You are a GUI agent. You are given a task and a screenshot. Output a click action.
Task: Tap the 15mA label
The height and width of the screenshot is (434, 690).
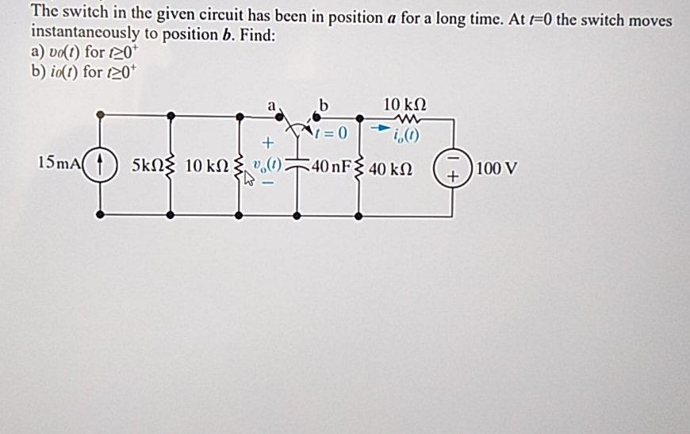pyautogui.click(x=59, y=163)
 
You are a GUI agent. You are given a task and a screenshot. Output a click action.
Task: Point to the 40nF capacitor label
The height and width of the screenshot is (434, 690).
pyautogui.click(x=332, y=168)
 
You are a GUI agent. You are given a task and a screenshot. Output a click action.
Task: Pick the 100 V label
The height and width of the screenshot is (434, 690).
pyautogui.click(x=498, y=169)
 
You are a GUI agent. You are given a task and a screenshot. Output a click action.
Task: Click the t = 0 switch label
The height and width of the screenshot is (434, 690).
pyautogui.click(x=332, y=133)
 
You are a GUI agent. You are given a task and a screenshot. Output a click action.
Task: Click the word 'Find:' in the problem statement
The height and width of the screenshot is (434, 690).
pyautogui.click(x=257, y=34)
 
